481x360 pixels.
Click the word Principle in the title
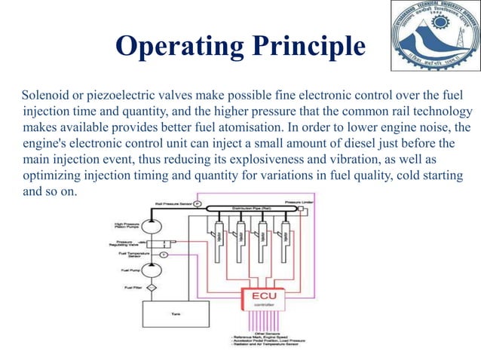tap(308, 47)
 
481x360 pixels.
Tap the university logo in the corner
tap(432, 38)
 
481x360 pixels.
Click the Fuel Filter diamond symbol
tap(151, 287)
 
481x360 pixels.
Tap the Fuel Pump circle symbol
tap(151, 269)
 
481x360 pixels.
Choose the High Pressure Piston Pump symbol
tap(151, 225)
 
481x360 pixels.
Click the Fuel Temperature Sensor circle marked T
tap(164, 256)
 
